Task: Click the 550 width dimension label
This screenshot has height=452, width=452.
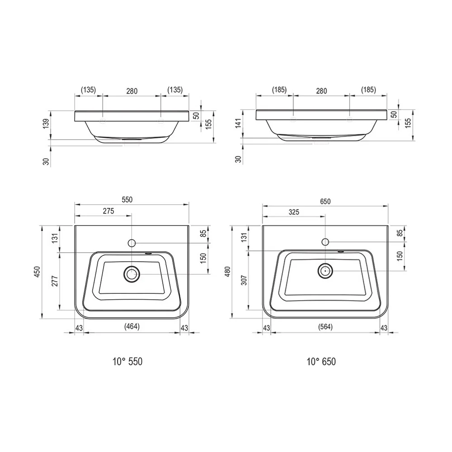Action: (127, 199)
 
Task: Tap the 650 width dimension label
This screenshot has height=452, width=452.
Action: (325, 201)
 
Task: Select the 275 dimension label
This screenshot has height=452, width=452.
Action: (108, 211)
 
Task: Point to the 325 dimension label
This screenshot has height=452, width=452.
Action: (294, 212)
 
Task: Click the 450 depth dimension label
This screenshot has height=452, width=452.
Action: (37, 272)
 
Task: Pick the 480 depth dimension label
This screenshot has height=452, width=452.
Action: (227, 272)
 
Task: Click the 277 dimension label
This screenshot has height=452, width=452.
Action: (55, 281)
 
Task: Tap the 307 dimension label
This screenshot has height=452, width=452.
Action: (244, 280)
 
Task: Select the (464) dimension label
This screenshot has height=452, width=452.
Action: (132, 326)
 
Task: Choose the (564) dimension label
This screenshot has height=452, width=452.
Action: (325, 327)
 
